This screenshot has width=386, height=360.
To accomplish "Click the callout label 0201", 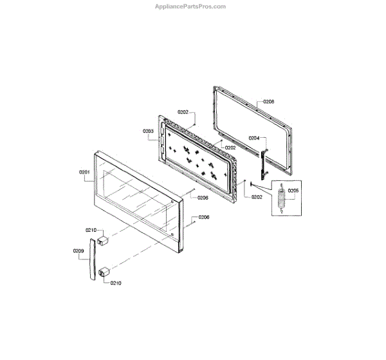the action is (x=84, y=173).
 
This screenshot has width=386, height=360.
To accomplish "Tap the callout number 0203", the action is (x=148, y=131).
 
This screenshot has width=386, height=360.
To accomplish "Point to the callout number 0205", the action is (x=293, y=191).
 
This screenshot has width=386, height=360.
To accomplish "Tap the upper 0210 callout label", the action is (x=91, y=230).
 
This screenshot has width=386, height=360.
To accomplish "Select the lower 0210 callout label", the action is (x=115, y=282).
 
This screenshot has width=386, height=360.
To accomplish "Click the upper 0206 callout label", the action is (x=203, y=198).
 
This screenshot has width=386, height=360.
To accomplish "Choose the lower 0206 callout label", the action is (x=204, y=217).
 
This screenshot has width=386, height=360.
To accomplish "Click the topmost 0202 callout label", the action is (x=183, y=113).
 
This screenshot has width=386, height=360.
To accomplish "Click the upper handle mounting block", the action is (x=103, y=242).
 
